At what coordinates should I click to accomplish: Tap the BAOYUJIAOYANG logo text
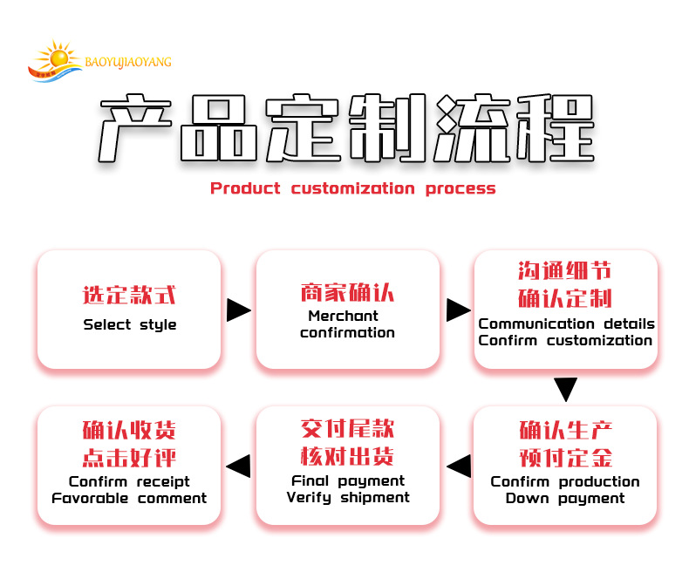tap(128, 62)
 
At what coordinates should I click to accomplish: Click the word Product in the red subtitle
tap(245, 188)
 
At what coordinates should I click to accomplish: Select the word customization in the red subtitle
tap(352, 188)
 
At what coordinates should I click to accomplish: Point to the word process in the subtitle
tap(460, 188)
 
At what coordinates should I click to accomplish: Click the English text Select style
tap(129, 325)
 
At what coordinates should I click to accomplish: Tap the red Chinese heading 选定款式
tap(129, 296)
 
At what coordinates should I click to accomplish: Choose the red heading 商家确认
tap(347, 292)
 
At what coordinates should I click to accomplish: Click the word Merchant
tap(343, 316)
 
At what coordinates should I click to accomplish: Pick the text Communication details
tap(566, 324)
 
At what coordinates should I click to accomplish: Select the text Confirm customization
tap(565, 340)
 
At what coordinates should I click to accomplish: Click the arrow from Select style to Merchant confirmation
tap(238, 310)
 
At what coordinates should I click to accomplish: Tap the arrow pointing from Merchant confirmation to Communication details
tap(457, 310)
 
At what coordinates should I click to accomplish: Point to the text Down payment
tap(565, 499)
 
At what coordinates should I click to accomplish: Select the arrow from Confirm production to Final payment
tap(458, 466)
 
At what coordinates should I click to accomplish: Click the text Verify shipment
tap(348, 497)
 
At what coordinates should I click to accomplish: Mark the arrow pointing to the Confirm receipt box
tap(239, 466)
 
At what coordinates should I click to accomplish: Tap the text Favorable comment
tap(129, 499)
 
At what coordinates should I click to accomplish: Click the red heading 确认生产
tap(565, 430)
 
